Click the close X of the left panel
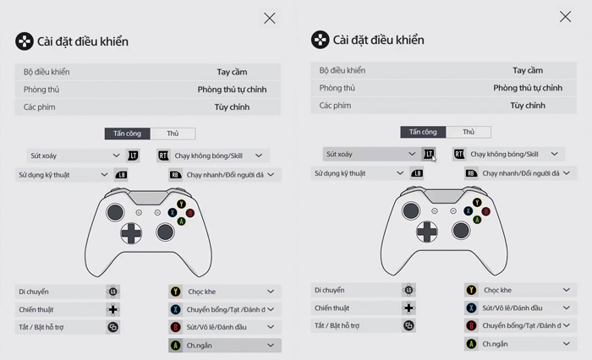tap(270, 18)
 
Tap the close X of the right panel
tap(566, 17)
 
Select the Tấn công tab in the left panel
tap(127, 134)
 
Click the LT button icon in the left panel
tap(133, 155)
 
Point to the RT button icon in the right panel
tap(459, 154)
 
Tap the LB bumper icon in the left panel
tap(122, 174)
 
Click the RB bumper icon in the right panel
tap(471, 172)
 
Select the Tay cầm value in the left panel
tap(232, 72)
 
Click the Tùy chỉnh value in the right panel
tap(528, 106)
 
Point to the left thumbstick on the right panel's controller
tap(411, 210)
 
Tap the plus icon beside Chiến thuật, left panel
tap(113, 309)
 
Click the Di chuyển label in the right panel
tap(330, 290)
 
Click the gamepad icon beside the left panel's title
tap(25, 41)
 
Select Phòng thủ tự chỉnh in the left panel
tap(232, 89)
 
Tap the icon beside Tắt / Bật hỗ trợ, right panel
tap(409, 325)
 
